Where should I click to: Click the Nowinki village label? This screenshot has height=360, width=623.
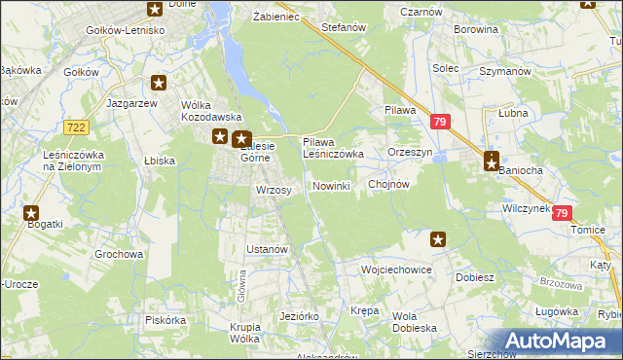[x=331, y=186]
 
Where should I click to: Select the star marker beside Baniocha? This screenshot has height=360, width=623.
[x=493, y=162]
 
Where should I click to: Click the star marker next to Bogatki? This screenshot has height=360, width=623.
[x=31, y=212]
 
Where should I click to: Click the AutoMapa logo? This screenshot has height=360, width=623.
[x=559, y=342]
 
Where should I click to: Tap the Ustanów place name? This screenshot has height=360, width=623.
[x=267, y=249]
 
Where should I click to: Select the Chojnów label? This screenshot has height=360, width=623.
[x=388, y=183]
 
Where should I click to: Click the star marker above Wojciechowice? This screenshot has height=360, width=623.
[x=438, y=238]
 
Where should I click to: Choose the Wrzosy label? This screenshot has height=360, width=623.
[x=274, y=190]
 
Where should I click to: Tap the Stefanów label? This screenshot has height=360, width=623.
[x=343, y=28]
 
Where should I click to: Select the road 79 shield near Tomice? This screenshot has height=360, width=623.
[x=562, y=213]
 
